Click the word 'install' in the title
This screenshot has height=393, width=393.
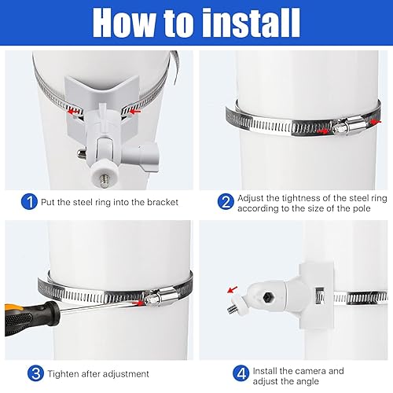pos(252,23)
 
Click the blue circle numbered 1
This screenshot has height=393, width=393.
pos(29,202)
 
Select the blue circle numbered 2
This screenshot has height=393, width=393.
pos(226,201)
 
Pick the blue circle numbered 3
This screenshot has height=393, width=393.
pos(35,373)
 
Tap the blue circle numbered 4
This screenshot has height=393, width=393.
pos(241,373)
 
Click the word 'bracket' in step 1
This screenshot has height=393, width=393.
pos(163,202)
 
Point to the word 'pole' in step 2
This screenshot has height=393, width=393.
pos(361,209)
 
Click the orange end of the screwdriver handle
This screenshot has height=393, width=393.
pos(10,308)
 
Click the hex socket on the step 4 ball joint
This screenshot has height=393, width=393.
pos(267,297)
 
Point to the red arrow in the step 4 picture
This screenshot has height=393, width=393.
pos(233,289)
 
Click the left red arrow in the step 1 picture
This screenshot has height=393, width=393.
pos(73,112)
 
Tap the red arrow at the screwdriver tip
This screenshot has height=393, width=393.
pos(138,303)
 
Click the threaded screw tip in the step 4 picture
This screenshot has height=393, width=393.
pos(233,310)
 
